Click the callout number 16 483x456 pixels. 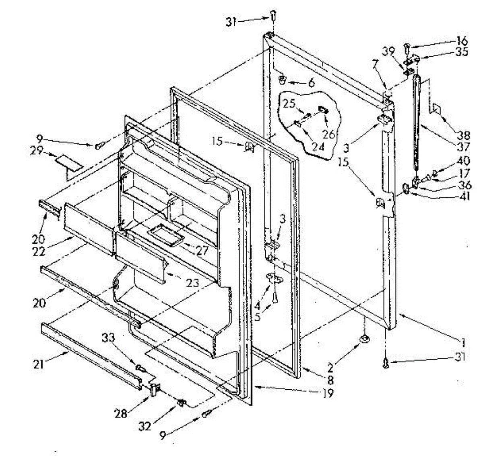(462, 41)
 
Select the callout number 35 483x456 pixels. (461, 52)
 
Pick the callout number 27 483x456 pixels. (201, 251)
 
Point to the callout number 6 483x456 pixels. (311, 84)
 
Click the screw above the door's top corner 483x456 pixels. (272, 16)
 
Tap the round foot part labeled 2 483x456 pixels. (365, 339)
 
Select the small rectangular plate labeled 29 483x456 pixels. (69, 162)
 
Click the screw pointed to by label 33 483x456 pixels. (140, 367)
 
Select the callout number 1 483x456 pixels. (463, 342)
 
